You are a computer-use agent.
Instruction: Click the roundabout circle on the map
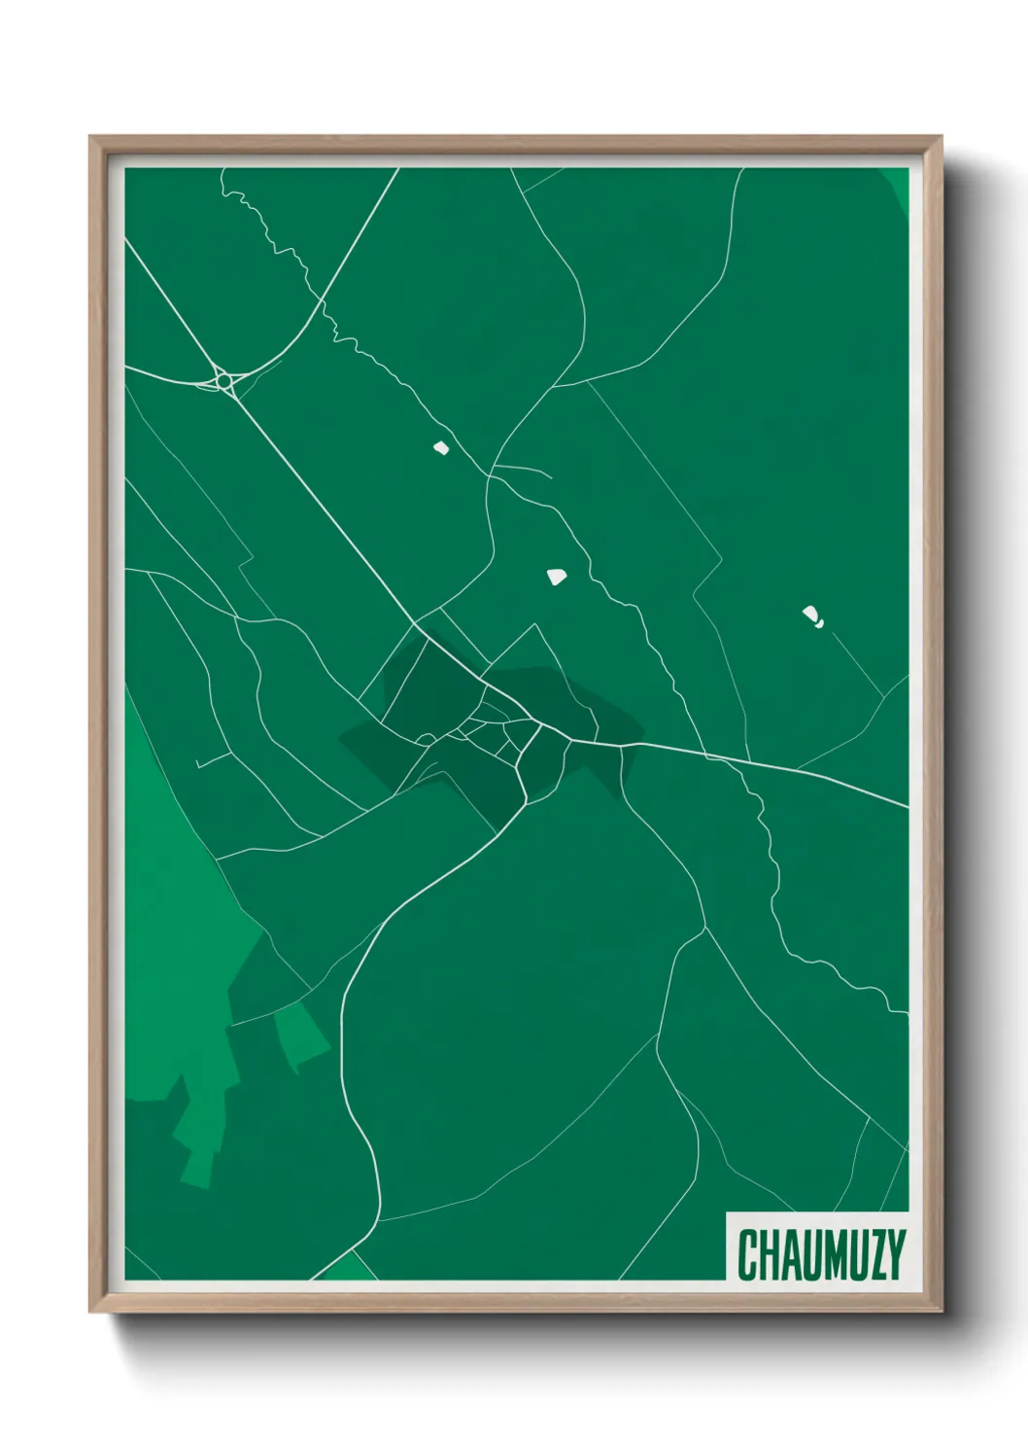pyautogui.click(x=224, y=381)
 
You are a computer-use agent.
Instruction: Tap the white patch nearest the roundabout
pyautogui.click(x=441, y=448)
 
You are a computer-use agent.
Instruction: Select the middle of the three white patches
pyautogui.click(x=557, y=577)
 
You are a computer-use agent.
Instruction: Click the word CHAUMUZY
pyautogui.click(x=821, y=1254)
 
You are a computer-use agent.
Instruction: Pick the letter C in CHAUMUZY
pyautogui.click(x=748, y=1254)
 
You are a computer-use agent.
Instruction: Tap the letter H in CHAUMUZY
pyautogui.click(x=771, y=1254)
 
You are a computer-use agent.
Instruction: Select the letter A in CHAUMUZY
pyautogui.click(x=794, y=1254)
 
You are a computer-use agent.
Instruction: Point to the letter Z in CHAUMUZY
pyautogui.click(x=878, y=1254)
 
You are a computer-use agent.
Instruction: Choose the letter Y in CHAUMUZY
pyautogui.click(x=897, y=1254)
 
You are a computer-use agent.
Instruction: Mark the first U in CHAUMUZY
pyautogui.click(x=816, y=1254)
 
